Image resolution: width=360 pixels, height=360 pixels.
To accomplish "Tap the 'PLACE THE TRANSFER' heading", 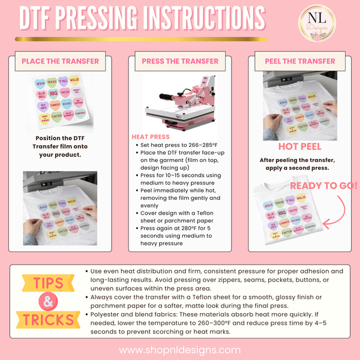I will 60,61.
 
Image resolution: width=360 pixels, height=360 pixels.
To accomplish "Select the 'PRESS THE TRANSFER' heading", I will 180,61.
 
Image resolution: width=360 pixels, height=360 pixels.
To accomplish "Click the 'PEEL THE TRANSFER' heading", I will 300,61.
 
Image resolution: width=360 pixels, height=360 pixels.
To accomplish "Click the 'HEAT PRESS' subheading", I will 150,137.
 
